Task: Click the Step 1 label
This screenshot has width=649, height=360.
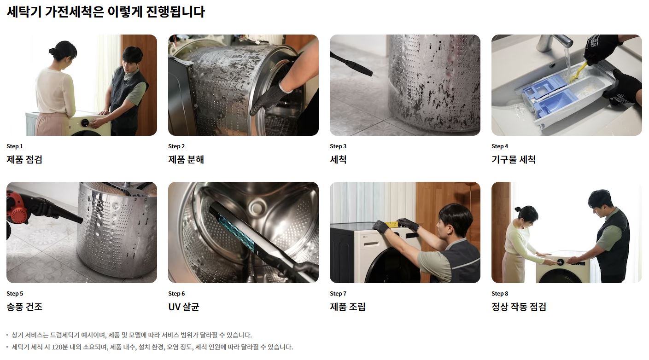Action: pos(14,146)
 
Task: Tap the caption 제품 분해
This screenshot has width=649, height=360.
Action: pos(186,160)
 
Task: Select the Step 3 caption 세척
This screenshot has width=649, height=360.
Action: pos(338,160)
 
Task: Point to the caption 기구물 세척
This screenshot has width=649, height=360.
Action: pos(514,160)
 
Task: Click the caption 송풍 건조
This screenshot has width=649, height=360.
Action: pos(24,307)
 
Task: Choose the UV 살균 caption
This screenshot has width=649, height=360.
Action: pos(184,307)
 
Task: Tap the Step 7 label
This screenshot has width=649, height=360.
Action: pos(338,294)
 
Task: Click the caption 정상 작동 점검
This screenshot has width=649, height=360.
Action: pos(519,307)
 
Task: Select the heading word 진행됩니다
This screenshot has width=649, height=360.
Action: pos(175,12)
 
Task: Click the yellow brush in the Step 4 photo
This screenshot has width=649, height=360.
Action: pos(578,71)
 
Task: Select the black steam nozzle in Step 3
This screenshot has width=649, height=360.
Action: pos(351,64)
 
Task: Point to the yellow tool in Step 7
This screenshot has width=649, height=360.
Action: pos(391,224)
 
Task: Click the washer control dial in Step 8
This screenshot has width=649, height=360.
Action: pos(561,262)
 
